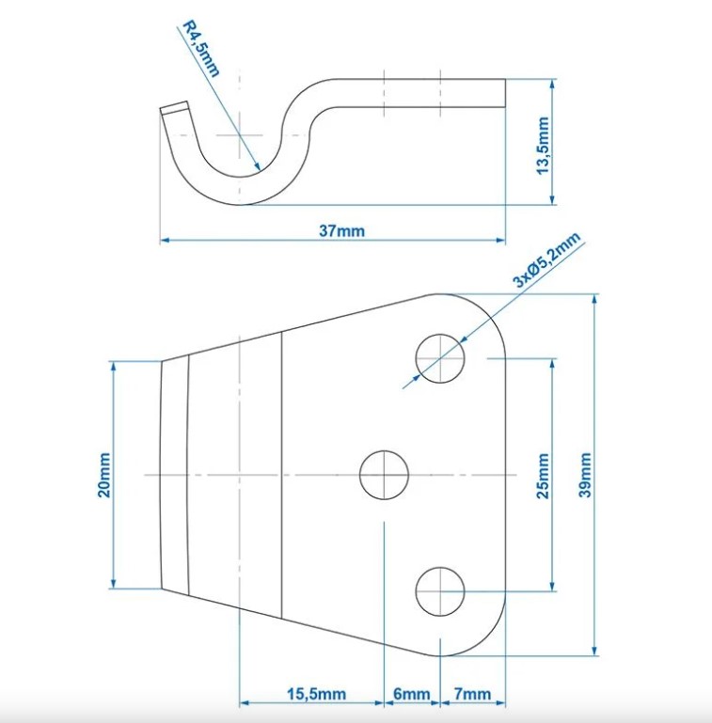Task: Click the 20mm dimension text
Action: (103, 475)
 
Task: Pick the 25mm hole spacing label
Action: (543, 476)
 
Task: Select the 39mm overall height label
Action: (586, 476)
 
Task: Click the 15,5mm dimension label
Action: (315, 695)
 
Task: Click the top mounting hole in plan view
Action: (441, 358)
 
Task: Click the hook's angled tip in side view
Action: (174, 111)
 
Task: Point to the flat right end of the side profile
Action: (504, 91)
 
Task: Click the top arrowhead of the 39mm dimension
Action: (594, 300)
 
